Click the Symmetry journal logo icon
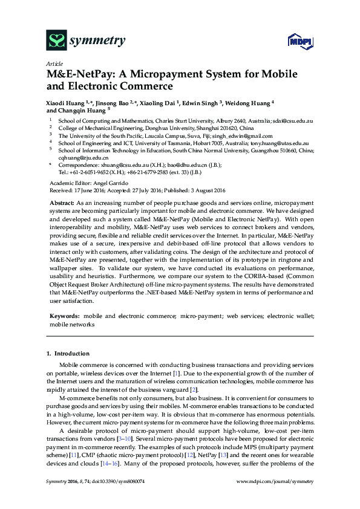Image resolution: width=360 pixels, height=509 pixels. point(57,41)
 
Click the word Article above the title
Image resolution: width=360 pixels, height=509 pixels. point(54,63)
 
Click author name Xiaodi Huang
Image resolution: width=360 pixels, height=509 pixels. point(65,103)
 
